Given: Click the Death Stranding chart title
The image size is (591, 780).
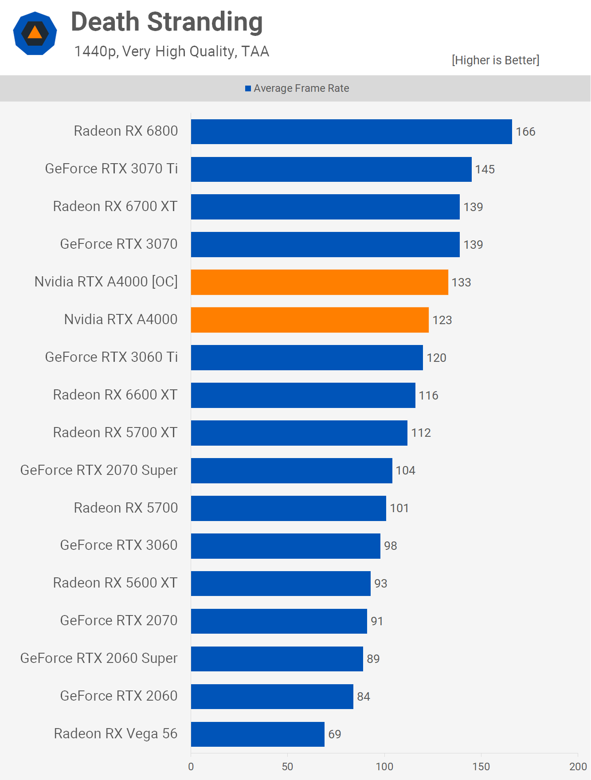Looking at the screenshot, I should coord(167,22).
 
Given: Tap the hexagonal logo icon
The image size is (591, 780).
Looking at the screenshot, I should coord(35,34).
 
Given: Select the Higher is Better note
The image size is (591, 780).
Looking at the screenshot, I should coord(495,60).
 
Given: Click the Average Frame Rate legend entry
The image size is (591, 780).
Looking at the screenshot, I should coord(297,88).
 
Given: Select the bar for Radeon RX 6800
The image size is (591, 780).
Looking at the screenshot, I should coord(351,132).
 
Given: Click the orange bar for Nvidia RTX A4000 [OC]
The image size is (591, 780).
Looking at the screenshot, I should coord(319,282).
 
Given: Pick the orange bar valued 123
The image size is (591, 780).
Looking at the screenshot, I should coord(309,320).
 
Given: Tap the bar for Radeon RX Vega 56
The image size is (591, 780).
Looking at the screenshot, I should coord(258,734).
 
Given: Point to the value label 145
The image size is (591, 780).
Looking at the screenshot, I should coord(485,169).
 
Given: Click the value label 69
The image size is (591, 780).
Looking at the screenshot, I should coord(334,734).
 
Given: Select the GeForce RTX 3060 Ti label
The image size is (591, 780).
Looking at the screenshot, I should coord(111,357).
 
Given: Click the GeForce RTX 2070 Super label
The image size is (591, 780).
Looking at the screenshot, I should coord(99,470).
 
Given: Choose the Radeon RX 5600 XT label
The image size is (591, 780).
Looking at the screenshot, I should coord(115,583).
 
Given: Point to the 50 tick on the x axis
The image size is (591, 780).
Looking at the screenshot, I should coord(287,767).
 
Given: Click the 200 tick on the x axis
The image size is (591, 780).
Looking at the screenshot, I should coord(578,767).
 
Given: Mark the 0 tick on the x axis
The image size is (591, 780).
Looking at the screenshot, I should coord(191,767).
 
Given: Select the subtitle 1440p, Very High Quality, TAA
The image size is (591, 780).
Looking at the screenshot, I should coord(172,51).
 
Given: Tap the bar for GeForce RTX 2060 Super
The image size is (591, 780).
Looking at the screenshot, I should coord(277,659).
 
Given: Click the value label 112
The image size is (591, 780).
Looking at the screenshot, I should coord(421,433).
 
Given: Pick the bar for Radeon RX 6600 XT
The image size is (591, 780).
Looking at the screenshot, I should coord(303,395).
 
